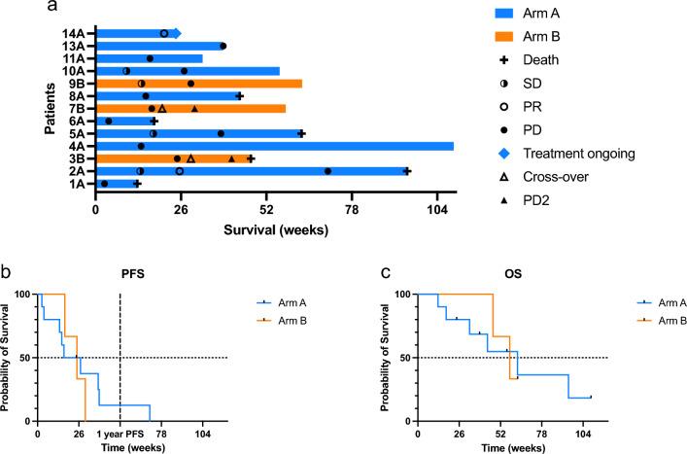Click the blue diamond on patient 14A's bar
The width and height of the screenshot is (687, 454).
pos(175,34)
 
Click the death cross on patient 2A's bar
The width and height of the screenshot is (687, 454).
pos(407,171)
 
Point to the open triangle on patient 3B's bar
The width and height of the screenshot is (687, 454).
pos(190,158)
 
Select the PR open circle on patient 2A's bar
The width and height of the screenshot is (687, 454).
pos(179,171)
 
